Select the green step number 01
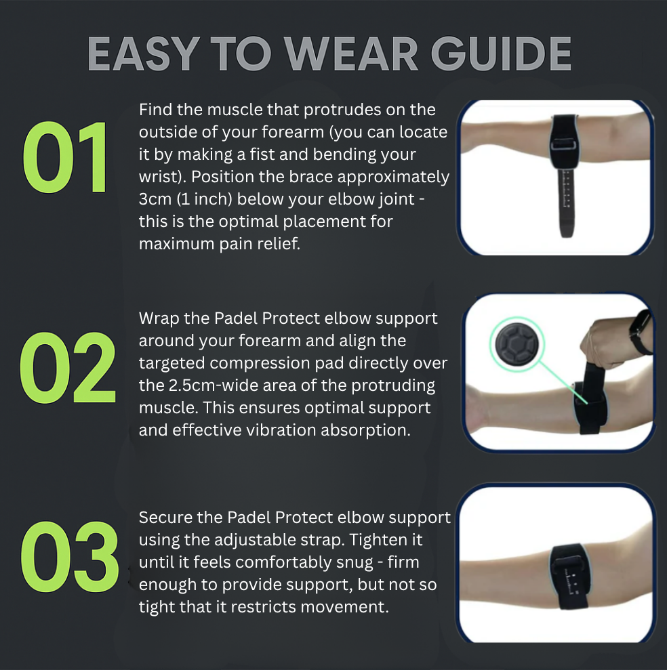(x=66, y=159)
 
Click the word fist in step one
(x=287, y=154)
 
